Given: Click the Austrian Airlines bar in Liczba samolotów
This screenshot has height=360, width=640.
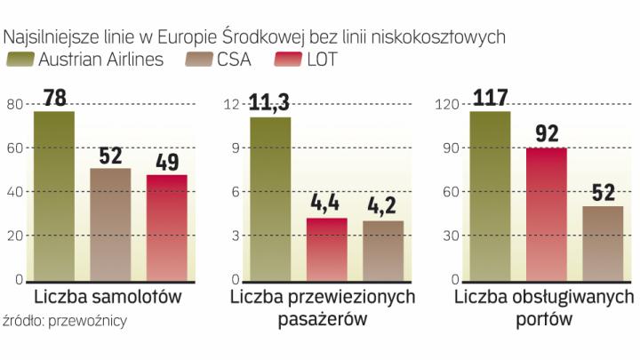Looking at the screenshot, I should (53, 196).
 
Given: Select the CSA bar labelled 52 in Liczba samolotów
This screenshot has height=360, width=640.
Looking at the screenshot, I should (110, 224).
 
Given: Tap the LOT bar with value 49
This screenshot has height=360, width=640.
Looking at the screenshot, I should (167, 228).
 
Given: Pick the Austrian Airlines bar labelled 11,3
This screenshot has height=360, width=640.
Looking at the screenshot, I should (270, 199).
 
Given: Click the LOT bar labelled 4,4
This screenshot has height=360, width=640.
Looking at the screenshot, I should (326, 249).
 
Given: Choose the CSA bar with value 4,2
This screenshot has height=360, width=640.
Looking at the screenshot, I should (383, 251).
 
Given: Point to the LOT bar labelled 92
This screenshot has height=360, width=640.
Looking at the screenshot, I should (546, 213).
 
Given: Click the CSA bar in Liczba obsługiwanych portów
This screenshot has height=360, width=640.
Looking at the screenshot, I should (603, 244).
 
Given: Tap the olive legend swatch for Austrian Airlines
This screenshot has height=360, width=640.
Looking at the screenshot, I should (19, 60).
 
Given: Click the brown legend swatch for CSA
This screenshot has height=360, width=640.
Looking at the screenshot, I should (198, 60).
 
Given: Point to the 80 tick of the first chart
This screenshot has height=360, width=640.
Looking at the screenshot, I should (14, 104).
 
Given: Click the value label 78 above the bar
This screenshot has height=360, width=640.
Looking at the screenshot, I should (54, 97).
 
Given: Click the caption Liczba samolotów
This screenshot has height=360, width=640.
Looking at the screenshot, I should (108, 296).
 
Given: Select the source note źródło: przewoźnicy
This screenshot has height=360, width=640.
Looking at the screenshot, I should (64, 322).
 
